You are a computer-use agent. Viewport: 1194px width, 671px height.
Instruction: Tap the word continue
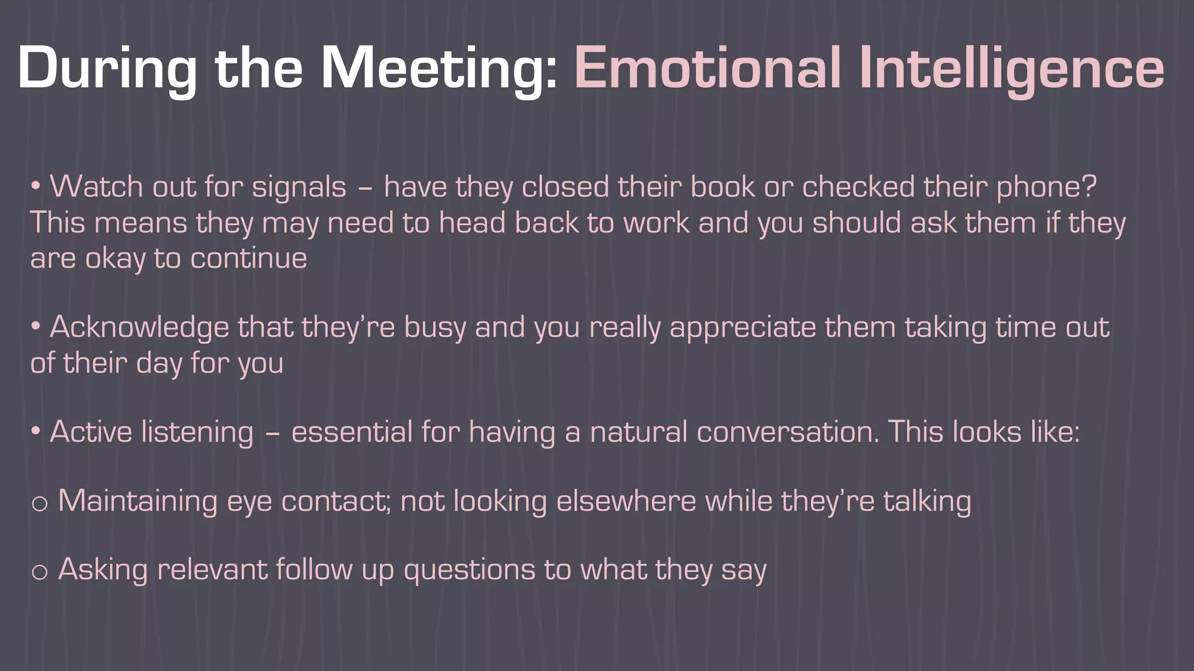pyautogui.click(x=248, y=258)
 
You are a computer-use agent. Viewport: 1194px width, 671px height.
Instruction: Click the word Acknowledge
pyautogui.click(x=139, y=327)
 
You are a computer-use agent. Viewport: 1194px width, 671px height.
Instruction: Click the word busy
pyautogui.click(x=435, y=328)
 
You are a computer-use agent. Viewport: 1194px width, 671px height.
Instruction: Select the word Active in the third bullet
pyautogui.click(x=91, y=432)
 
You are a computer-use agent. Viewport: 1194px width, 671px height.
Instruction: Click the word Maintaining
pyautogui.click(x=138, y=501)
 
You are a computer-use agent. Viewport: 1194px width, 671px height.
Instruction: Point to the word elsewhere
pyautogui.click(x=626, y=501)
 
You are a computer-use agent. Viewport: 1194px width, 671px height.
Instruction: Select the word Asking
pyautogui.click(x=103, y=570)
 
